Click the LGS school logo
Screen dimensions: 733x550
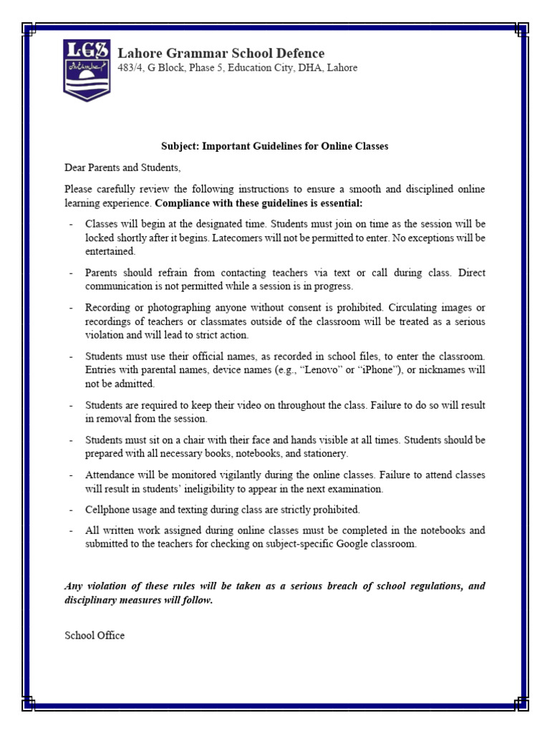point(87,69)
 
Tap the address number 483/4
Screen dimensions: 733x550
point(130,68)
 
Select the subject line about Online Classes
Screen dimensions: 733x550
point(274,146)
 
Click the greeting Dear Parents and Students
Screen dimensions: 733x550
point(123,168)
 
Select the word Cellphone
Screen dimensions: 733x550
point(108,510)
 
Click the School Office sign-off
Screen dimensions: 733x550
point(95,635)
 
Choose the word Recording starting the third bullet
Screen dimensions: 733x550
point(107,307)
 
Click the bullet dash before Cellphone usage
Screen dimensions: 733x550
point(71,510)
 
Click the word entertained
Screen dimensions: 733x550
point(110,251)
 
